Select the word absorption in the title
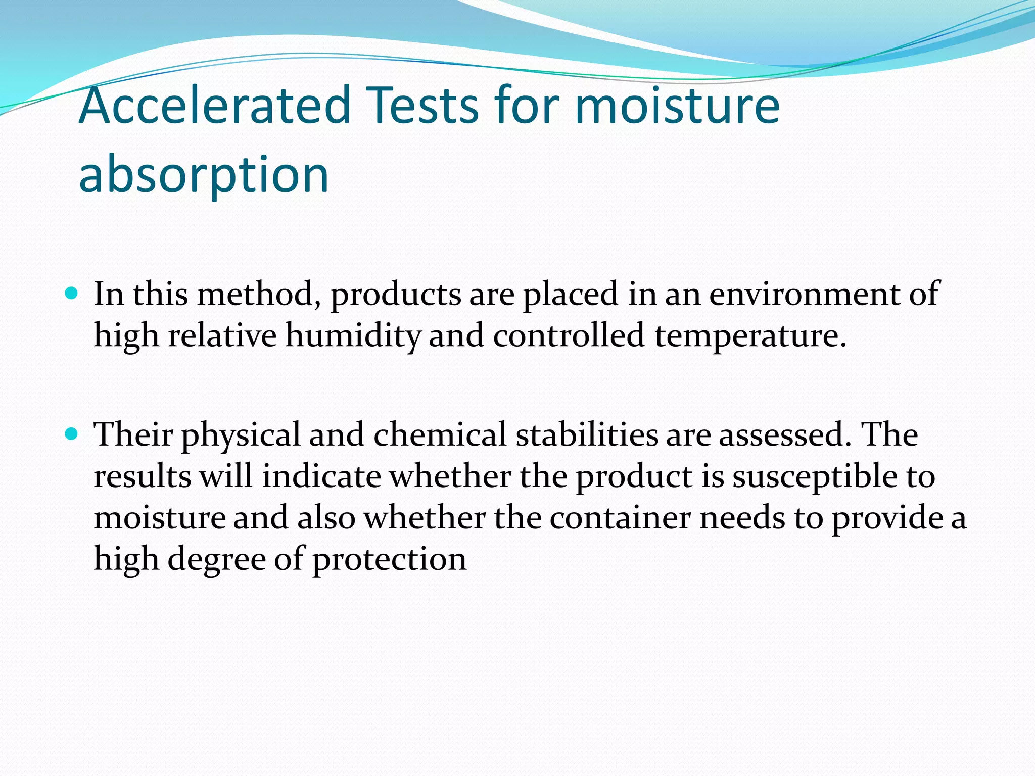[x=204, y=174]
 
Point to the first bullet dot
[x=72, y=293]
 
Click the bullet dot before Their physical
[x=72, y=433]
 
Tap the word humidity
[x=353, y=336]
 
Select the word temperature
[x=750, y=336]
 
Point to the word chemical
[x=440, y=434]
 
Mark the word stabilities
[x=587, y=434]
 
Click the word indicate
[x=321, y=476]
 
